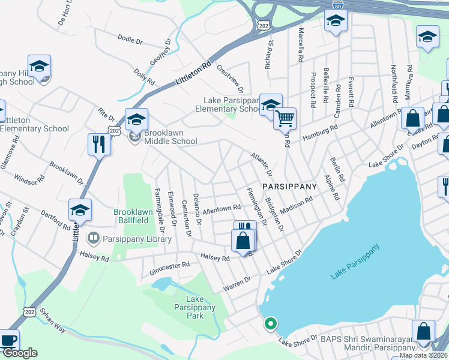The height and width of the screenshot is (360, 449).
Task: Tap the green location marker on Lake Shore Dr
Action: (271, 324)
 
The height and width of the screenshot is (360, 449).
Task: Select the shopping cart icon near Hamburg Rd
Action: (285, 118)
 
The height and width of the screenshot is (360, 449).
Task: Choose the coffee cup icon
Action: (8, 340)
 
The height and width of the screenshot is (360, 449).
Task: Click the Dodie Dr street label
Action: (130, 41)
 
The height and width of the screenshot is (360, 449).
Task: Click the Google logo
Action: (20, 353)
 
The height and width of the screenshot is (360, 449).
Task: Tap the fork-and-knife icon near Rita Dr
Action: (99, 144)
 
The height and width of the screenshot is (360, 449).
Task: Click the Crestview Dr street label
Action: (230, 79)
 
